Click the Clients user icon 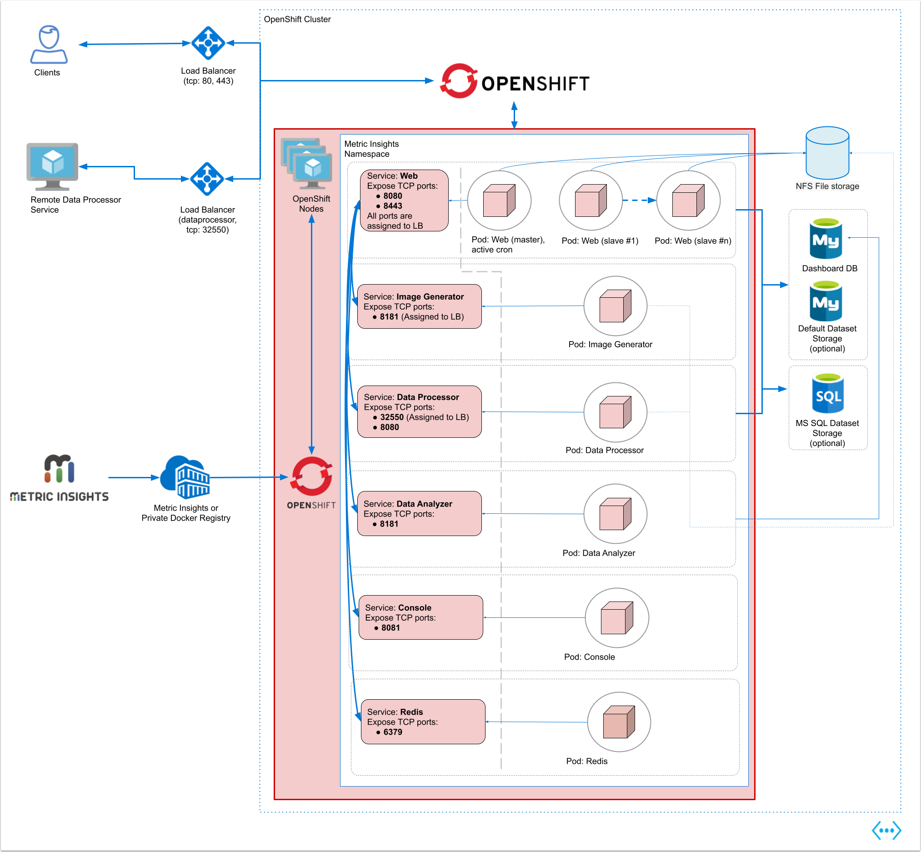[x=49, y=44]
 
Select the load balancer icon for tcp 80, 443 [x=208, y=43]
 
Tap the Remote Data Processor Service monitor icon [x=53, y=166]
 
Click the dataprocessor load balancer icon [x=207, y=179]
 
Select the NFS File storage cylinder [x=827, y=153]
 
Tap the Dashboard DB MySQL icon [x=826, y=238]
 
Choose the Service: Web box [x=404, y=200]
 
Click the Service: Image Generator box [x=420, y=306]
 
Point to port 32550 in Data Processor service [x=392, y=417]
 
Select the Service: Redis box [x=423, y=722]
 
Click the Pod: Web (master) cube [x=499, y=200]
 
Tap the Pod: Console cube [x=617, y=618]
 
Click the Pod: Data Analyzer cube [x=616, y=514]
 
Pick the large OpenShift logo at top [x=515, y=81]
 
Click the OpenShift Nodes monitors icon [x=306, y=163]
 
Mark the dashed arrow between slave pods [x=639, y=200]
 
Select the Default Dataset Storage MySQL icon [x=826, y=301]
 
